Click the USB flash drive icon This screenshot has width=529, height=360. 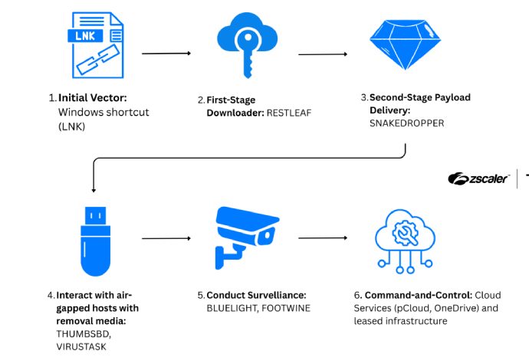click(x=92, y=239)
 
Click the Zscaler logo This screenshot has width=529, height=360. click(x=479, y=179)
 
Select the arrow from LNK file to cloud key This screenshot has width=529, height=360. click(x=167, y=54)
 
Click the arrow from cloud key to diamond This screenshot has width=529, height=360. click(x=323, y=54)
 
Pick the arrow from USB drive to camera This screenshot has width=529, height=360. click(x=167, y=238)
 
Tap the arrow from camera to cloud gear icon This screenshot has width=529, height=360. click(x=323, y=238)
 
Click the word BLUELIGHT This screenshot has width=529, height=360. click(x=232, y=307)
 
